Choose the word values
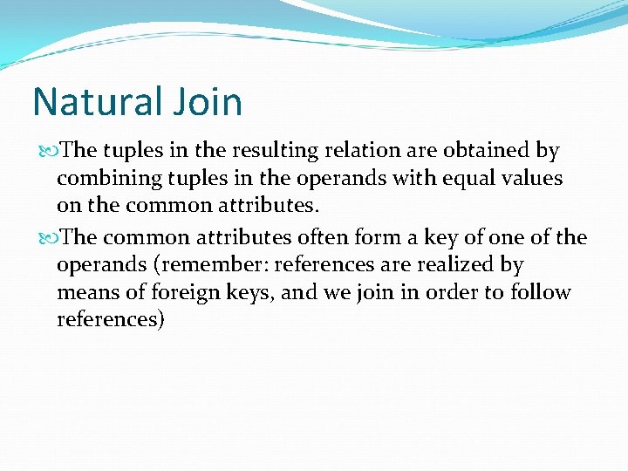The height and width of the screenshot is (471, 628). pyautogui.click(x=526, y=178)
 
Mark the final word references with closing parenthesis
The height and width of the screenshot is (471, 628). pyautogui.click(x=111, y=320)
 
